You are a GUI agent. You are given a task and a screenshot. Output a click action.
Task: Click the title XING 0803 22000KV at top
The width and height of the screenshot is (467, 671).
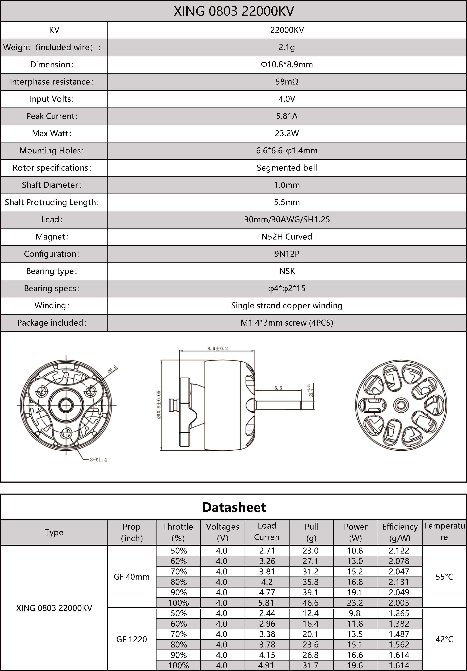click(234, 11)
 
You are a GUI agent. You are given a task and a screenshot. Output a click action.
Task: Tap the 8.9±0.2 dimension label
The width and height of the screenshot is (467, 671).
click(218, 348)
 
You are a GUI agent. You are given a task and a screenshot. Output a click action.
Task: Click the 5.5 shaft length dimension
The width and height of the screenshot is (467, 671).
click(278, 388)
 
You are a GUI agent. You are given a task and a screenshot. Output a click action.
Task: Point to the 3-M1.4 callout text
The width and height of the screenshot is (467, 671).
click(98, 460)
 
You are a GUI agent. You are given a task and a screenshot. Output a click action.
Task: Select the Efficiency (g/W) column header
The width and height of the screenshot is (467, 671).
click(400, 532)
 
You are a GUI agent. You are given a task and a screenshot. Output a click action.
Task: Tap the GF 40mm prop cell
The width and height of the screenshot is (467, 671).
click(132, 577)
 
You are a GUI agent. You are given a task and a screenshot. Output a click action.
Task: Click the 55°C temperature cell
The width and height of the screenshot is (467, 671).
click(444, 577)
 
